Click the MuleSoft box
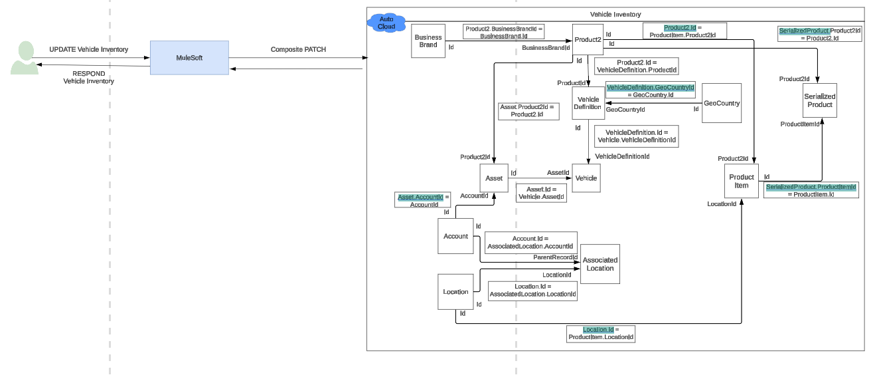[189, 58]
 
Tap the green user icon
[25, 58]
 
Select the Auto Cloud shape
[386, 23]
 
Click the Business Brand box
[428, 41]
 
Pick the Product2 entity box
[588, 40]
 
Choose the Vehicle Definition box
[588, 103]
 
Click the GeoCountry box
[721, 103]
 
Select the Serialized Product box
[819, 100]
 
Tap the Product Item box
[741, 181]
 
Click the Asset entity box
[494, 178]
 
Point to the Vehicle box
[586, 178]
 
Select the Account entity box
[455, 236]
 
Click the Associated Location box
[600, 264]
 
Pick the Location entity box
[455, 292]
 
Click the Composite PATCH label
[298, 50]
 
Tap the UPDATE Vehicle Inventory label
[89, 50]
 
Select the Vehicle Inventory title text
[615, 15]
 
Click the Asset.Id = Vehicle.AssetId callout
[542, 193]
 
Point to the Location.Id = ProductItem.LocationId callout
[601, 334]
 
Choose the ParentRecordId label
[555, 257]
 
